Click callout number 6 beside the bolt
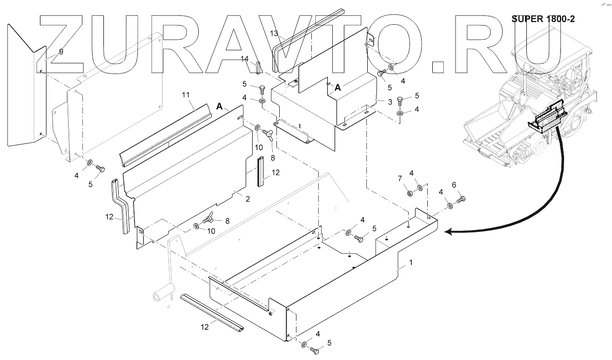(454, 185)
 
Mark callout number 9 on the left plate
(61, 52)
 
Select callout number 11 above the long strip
(186, 95)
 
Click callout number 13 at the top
(275, 34)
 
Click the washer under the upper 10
(257, 128)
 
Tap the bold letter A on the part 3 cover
(338, 87)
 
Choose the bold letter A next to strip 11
(220, 106)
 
